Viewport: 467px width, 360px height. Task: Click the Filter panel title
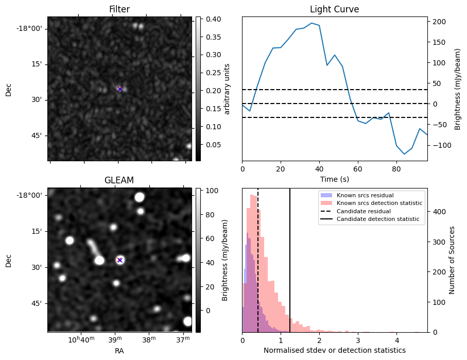[x=119, y=10]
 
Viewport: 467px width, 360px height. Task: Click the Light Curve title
[x=334, y=10]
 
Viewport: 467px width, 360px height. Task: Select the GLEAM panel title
[x=119, y=180]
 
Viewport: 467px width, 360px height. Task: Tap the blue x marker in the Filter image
[x=120, y=89]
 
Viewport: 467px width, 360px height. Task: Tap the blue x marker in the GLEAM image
[x=119, y=260]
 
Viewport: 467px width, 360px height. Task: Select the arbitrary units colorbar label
[x=227, y=89]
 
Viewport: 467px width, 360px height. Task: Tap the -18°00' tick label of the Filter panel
[x=30, y=28]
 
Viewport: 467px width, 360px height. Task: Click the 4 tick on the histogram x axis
[x=396, y=340]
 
